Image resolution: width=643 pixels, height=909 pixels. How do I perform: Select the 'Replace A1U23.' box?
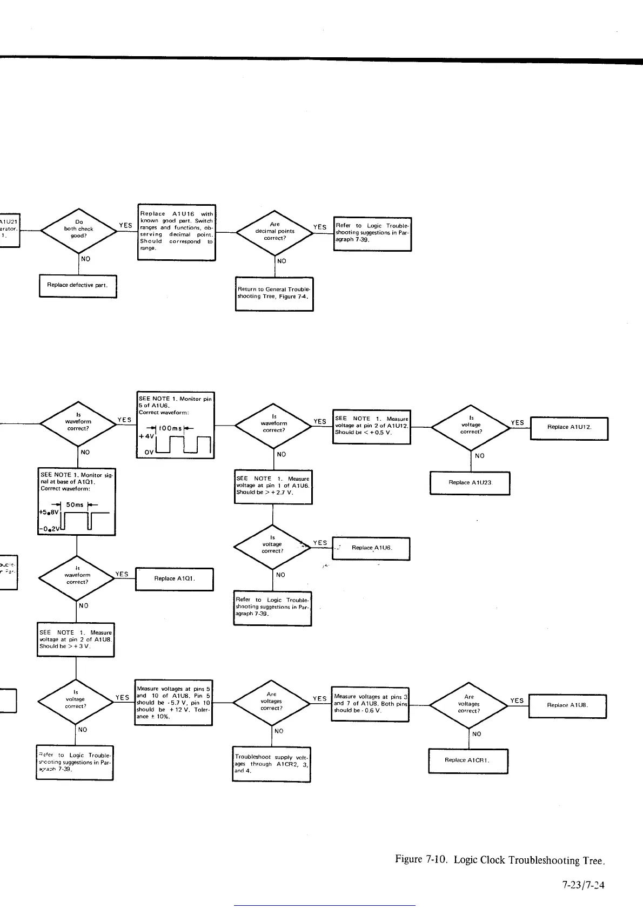(470, 483)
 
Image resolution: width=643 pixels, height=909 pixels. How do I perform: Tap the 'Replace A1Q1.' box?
(174, 579)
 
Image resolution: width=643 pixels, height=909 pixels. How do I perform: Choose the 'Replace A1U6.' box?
(371, 548)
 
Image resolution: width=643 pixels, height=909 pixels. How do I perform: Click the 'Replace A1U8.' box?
(567, 705)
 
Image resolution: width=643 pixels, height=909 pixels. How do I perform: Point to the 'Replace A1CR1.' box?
(468, 760)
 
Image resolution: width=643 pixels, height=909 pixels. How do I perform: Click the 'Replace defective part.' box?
(78, 286)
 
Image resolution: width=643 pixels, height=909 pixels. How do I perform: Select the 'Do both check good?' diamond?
(79, 230)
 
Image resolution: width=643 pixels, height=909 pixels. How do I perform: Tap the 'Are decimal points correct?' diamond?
(274, 232)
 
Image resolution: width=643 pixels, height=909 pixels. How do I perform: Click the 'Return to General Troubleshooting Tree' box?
(274, 293)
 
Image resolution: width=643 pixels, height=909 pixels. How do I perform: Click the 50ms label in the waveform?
(75, 505)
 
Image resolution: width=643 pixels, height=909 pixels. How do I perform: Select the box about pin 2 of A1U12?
(372, 427)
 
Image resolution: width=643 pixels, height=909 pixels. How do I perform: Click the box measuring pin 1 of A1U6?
(273, 486)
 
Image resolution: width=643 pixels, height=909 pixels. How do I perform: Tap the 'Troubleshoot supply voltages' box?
(271, 764)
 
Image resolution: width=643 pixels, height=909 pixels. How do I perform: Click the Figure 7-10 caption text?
(500, 860)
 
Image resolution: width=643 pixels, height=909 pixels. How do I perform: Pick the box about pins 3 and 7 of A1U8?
(370, 704)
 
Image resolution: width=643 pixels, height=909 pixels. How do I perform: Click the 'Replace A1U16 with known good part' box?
(176, 232)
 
